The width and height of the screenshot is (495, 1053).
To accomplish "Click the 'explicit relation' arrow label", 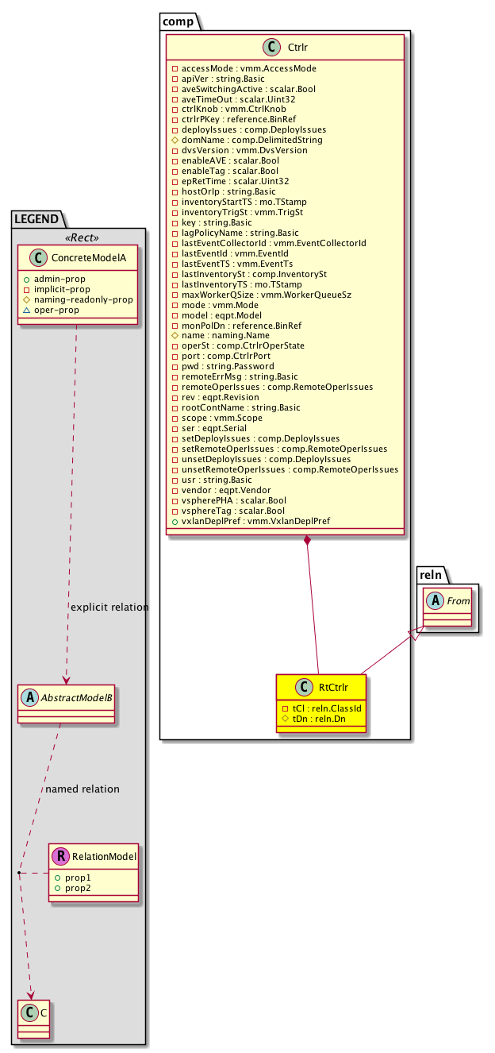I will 109,607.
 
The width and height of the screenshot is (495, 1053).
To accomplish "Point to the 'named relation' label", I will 82,789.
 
